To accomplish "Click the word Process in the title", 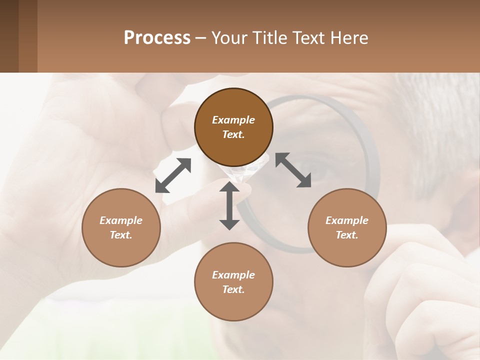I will [x=157, y=38].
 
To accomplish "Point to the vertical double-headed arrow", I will [x=229, y=205].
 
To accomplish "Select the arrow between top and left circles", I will [x=173, y=175].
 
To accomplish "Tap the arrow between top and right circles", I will [x=293, y=170].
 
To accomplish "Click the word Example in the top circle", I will [x=233, y=120].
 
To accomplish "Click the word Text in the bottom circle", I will [x=233, y=289].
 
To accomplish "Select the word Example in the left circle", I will [x=121, y=220].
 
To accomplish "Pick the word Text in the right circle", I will [x=346, y=235].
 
